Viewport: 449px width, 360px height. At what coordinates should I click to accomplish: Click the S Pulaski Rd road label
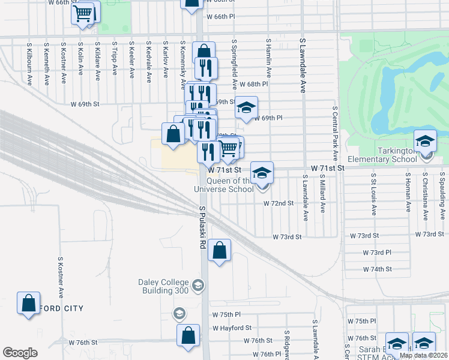tap(202, 229)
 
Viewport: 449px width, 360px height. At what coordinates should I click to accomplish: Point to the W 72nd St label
tap(279, 203)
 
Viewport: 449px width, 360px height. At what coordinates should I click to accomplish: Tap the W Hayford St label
tap(232, 328)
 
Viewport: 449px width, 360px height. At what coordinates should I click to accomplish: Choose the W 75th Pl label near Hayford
tap(226, 314)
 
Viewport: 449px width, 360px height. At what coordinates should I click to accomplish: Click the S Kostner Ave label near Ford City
tap(61, 277)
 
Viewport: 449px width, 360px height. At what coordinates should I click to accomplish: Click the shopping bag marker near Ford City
tap(28, 303)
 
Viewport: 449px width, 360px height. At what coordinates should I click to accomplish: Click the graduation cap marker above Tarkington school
tap(425, 141)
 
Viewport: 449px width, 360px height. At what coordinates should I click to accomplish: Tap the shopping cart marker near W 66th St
tap(83, 13)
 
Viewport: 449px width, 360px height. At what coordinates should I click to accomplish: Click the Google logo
tap(20, 353)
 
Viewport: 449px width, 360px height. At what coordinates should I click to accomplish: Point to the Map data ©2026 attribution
tap(423, 355)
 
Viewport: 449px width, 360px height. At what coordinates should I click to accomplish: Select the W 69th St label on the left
tap(84, 104)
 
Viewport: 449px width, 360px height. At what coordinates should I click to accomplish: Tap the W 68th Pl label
tap(256, 84)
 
